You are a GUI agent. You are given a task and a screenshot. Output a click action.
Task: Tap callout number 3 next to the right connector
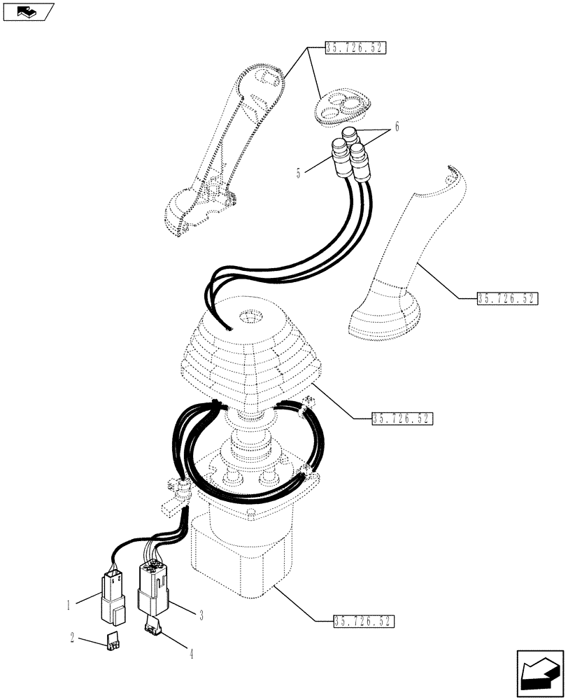tap(201, 615)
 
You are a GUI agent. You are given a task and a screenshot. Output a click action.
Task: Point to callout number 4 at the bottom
tap(190, 656)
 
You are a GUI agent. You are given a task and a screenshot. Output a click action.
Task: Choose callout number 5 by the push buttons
tap(299, 171)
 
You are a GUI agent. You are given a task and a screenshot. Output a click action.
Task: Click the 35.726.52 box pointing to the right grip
tap(508, 297)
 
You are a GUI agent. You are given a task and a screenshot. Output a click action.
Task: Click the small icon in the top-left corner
tap(28, 11)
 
